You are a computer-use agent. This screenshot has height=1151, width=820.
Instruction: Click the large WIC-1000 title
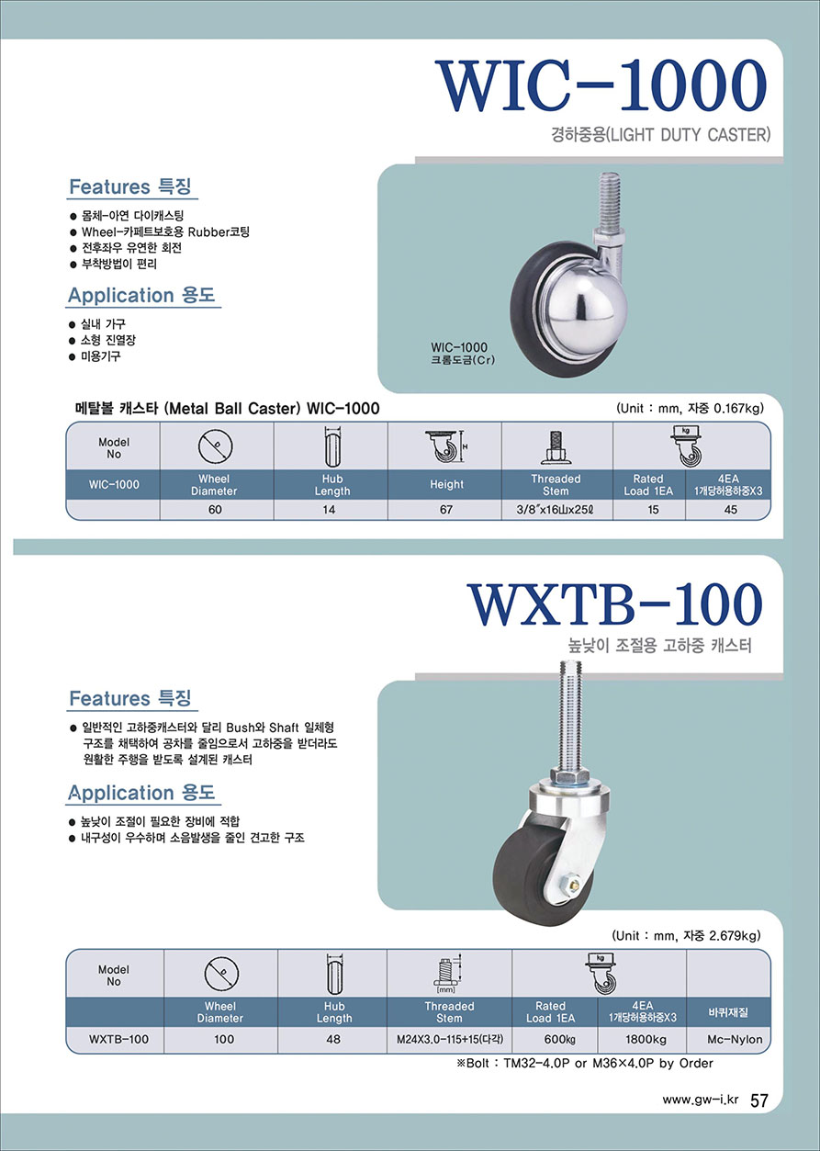(601, 85)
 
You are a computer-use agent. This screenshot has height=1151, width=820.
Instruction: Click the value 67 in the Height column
(446, 510)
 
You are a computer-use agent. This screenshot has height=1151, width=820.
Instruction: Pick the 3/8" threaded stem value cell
(556, 510)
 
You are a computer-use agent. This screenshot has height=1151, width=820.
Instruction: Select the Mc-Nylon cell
(735, 1039)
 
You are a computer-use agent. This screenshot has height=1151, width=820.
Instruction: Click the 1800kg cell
(646, 1039)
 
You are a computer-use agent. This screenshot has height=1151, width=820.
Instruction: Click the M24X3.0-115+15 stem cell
(450, 1039)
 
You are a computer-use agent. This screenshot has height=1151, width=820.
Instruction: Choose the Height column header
(446, 484)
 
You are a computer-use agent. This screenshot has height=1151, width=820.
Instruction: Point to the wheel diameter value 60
(215, 510)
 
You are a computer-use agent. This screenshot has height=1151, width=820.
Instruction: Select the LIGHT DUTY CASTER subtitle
(688, 135)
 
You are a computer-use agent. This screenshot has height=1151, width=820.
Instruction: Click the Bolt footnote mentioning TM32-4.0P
(585, 1063)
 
